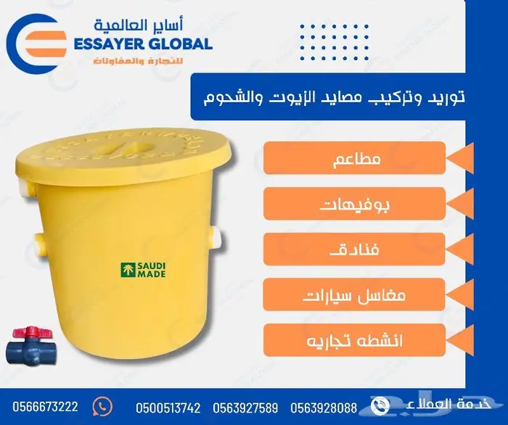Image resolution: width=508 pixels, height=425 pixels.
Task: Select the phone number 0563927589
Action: (247, 408)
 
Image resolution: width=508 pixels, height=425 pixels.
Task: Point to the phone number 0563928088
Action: (324, 408)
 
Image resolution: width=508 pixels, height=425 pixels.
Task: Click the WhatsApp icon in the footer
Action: (105, 405)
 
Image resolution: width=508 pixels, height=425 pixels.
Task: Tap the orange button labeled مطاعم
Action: (354, 158)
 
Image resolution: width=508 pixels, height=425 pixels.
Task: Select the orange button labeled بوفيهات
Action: (354, 204)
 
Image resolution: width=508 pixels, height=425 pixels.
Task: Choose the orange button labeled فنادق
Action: (354, 249)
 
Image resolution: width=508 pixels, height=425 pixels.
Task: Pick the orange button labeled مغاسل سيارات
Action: (354, 295)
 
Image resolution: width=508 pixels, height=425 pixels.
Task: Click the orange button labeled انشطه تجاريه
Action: (354, 340)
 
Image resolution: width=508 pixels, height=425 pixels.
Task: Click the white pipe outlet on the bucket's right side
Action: (217, 234)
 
